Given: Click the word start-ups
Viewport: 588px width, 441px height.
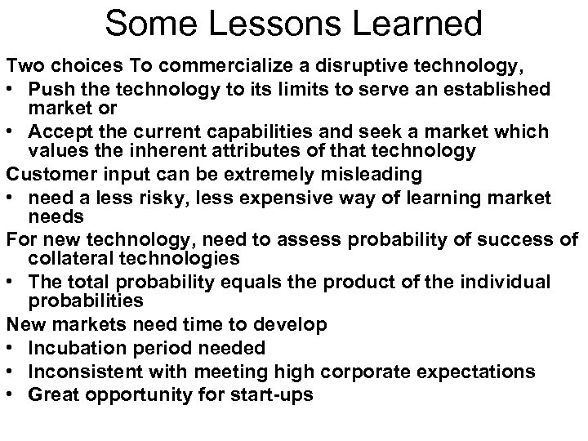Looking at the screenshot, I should pyautogui.click(x=273, y=394).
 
